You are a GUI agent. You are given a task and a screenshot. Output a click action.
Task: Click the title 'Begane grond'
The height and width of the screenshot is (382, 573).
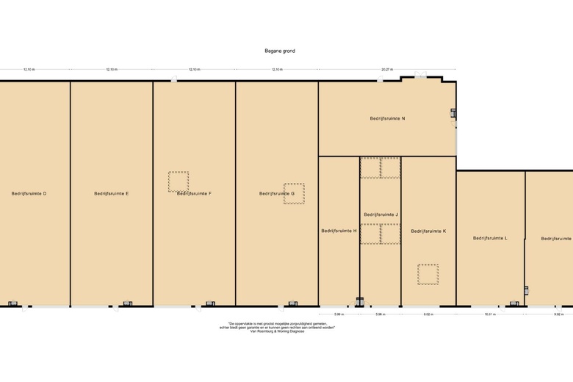280,51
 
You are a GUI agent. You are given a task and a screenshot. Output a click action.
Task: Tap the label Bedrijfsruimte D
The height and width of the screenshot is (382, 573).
29,193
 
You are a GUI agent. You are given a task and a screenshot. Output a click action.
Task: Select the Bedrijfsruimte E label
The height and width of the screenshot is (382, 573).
112,193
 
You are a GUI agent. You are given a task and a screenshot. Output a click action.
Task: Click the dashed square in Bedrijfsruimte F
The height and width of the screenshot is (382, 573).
179,181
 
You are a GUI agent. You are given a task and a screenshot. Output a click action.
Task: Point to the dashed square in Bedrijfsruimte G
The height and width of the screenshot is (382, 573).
295,193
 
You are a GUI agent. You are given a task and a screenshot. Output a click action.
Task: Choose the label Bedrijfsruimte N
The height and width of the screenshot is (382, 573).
387,118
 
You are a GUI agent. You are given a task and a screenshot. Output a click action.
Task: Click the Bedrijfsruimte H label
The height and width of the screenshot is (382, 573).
339,231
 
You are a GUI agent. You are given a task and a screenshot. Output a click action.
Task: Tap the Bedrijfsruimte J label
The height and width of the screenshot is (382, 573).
381,215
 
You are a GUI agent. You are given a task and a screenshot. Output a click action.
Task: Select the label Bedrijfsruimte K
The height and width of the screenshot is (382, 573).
428,231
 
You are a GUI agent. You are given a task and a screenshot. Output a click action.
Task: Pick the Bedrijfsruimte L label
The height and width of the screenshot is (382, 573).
490,238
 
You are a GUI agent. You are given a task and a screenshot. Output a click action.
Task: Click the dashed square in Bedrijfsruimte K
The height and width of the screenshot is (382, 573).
428,274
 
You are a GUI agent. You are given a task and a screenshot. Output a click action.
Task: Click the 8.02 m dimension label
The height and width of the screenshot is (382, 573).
428,314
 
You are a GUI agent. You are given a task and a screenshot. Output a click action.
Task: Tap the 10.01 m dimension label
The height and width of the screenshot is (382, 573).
490,314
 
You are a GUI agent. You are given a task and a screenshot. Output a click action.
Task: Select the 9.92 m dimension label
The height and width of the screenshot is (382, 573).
558,314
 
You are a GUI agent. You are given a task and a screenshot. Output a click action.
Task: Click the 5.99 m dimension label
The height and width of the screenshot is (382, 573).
339,314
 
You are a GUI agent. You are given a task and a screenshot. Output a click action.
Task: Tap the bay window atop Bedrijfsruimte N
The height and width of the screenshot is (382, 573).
420,76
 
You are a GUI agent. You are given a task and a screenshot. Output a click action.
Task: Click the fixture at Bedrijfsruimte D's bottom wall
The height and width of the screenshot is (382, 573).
12,303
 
